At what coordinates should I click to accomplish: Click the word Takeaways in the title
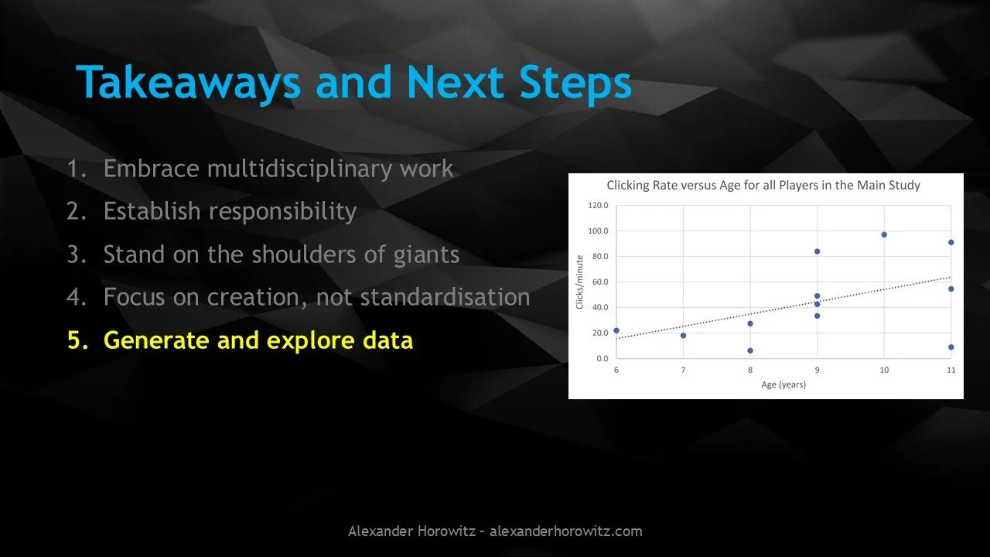click(x=189, y=83)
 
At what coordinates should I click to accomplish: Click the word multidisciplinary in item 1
click(x=299, y=169)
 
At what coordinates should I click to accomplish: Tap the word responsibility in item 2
click(x=282, y=211)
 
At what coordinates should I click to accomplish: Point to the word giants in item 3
click(x=426, y=255)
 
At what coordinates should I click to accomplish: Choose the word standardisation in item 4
click(x=445, y=296)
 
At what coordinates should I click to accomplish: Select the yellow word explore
click(x=310, y=341)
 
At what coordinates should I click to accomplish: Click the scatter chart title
click(x=763, y=185)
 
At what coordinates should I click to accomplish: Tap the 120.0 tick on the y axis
click(x=598, y=205)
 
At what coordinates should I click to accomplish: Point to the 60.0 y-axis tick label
click(x=600, y=282)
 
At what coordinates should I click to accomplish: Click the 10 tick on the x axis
click(x=884, y=370)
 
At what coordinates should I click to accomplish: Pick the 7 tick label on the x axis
click(x=683, y=370)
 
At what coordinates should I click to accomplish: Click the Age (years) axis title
click(x=783, y=384)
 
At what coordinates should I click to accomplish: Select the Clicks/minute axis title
click(x=579, y=282)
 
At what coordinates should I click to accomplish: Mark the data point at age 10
click(x=884, y=234)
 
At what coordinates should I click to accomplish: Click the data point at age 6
click(x=616, y=330)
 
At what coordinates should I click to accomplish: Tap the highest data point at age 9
click(x=818, y=251)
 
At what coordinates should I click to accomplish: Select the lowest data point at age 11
click(x=951, y=347)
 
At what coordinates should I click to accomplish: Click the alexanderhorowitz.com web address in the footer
click(x=565, y=531)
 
